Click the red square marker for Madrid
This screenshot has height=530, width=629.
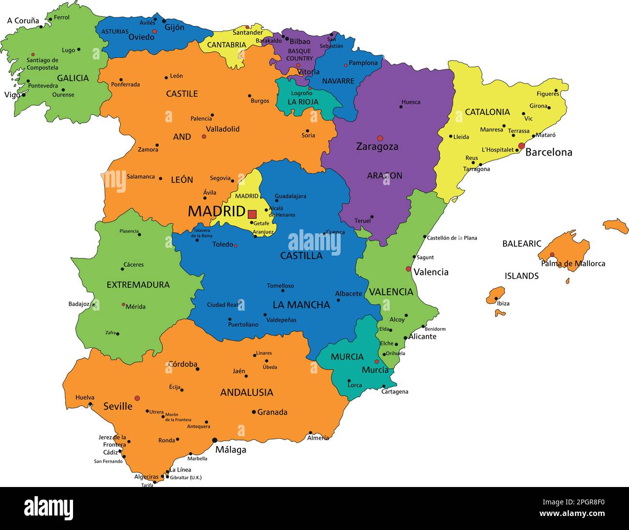(x=252, y=214)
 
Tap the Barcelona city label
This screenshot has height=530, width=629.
(x=548, y=152)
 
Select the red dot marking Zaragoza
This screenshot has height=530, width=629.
(x=380, y=138)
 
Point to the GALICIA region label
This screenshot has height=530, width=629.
(x=73, y=78)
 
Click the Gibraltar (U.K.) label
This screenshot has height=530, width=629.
(x=185, y=477)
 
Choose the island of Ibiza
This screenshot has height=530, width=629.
(x=496, y=294)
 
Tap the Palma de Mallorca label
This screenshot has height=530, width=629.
(x=573, y=263)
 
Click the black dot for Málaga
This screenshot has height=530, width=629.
(x=214, y=440)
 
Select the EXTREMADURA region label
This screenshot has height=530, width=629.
(x=138, y=285)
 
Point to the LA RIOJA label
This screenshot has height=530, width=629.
(x=303, y=102)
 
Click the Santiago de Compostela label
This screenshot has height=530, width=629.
(x=43, y=64)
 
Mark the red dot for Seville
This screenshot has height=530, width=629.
(x=137, y=398)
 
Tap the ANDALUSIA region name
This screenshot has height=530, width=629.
(x=247, y=392)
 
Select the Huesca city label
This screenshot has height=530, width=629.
(x=411, y=102)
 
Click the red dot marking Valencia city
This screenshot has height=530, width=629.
(x=408, y=269)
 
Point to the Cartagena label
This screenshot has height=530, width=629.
(x=395, y=391)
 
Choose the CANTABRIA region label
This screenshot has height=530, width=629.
(x=226, y=45)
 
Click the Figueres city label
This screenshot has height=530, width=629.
(x=547, y=94)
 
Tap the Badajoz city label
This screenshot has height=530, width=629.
(x=79, y=304)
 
